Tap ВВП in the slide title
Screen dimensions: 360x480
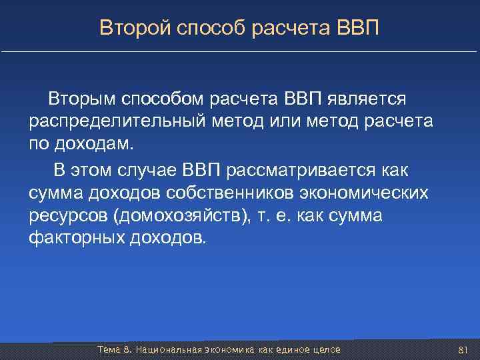358,28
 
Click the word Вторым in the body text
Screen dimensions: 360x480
81,99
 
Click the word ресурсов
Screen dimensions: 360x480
68,217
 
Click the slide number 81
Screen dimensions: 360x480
465,350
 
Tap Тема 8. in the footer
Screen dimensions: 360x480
111,350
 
